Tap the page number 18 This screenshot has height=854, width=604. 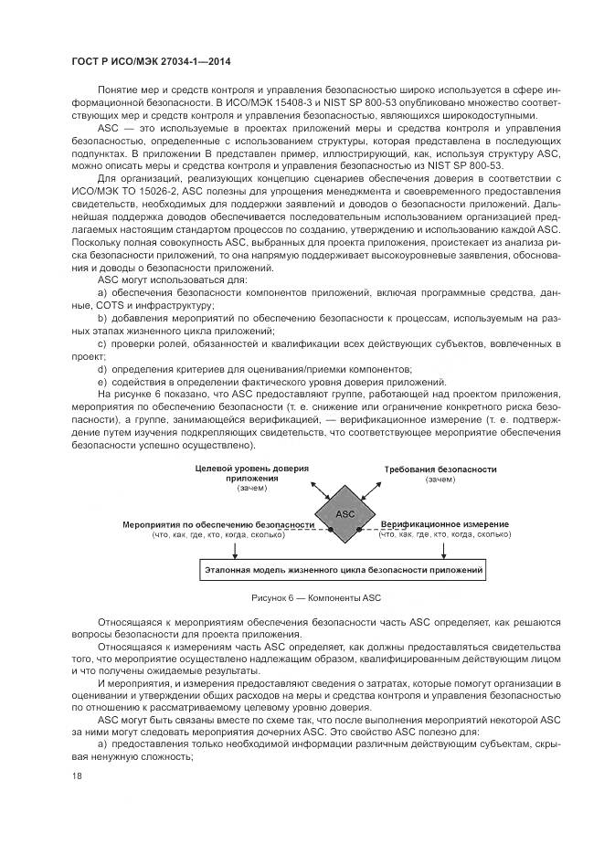pos(76,776)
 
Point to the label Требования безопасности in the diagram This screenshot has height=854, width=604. pos(440,469)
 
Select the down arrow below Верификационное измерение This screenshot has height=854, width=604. pos(444,549)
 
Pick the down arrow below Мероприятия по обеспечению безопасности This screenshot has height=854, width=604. pos(236,549)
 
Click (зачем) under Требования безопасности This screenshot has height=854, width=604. pos(440,480)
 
